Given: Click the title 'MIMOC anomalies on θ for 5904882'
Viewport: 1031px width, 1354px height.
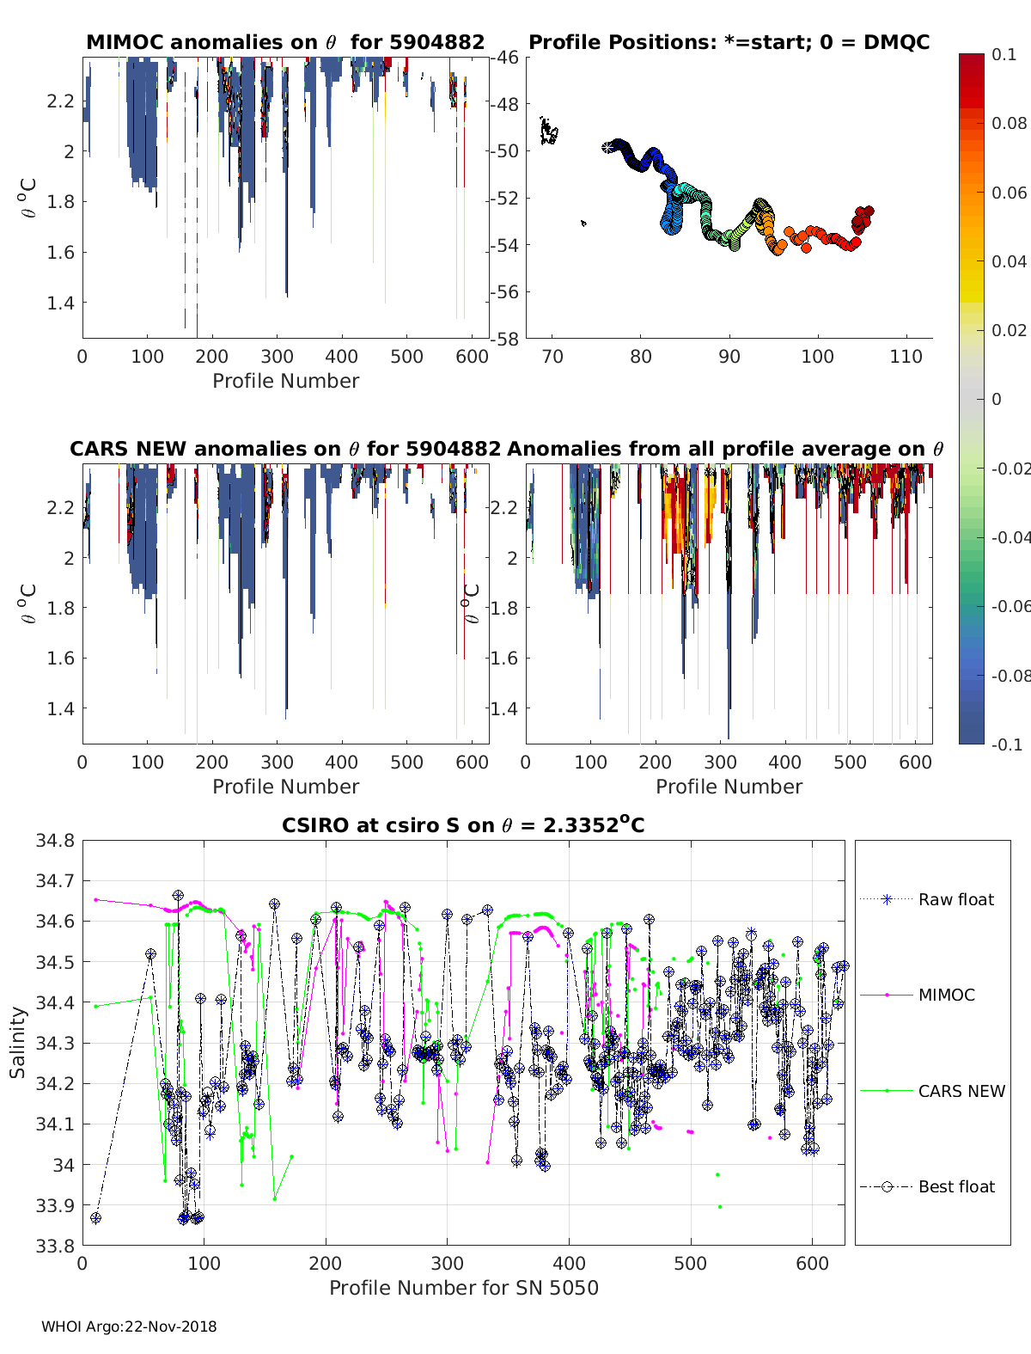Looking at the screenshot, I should tap(285, 42).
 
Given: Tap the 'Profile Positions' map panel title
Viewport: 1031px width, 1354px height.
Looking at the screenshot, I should tap(729, 42).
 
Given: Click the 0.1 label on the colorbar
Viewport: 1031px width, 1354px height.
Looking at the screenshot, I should tap(1004, 54).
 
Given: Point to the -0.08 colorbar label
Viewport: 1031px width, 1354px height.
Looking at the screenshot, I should tap(1009, 676).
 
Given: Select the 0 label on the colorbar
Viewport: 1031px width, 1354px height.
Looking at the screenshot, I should tap(997, 399).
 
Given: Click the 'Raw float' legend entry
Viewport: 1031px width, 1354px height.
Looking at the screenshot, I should tap(955, 899).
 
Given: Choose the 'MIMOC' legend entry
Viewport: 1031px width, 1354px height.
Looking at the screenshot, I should tap(946, 995).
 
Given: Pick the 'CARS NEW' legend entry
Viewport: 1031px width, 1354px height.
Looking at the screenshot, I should tap(961, 1091).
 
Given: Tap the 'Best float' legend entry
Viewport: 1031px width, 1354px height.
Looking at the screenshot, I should tap(955, 1186).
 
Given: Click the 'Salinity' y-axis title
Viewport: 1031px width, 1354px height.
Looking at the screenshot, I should tap(18, 1042).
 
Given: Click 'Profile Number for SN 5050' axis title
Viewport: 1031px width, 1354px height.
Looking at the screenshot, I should tap(463, 1288).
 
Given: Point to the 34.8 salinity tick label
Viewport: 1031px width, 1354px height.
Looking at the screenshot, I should tap(55, 841).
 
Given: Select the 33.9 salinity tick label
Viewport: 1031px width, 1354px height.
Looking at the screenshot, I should tap(55, 1205).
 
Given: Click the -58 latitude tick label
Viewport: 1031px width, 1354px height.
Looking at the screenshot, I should tap(505, 339).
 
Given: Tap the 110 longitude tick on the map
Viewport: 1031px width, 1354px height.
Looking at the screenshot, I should tap(906, 357).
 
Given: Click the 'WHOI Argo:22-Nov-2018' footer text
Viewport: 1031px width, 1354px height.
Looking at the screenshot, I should tap(129, 1326).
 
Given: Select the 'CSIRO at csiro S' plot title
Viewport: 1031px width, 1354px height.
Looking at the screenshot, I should tap(463, 825).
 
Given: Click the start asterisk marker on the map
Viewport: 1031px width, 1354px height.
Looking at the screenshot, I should tap(608, 147).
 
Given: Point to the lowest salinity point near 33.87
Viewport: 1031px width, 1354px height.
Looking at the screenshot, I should tap(95, 1217).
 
